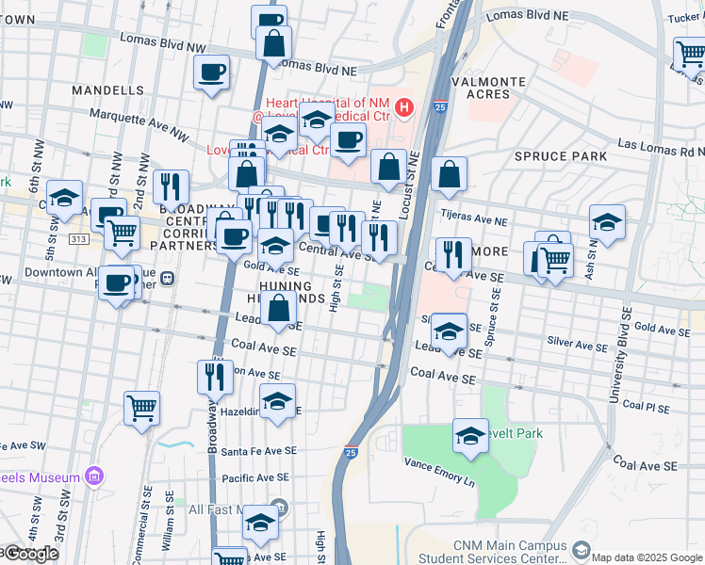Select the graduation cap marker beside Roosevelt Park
click(x=470, y=436)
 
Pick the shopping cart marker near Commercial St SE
click(x=141, y=408)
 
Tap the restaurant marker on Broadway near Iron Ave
click(x=215, y=377)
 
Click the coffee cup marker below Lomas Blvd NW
click(x=211, y=72)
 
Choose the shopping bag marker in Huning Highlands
click(x=279, y=308)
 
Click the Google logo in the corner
click(x=30, y=554)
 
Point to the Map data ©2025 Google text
click(x=647, y=557)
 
